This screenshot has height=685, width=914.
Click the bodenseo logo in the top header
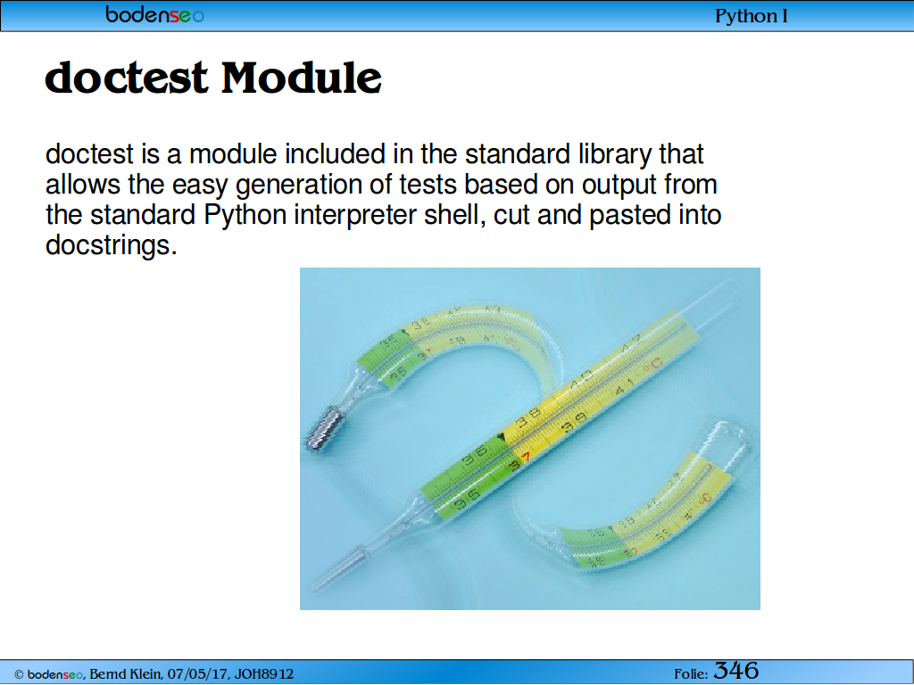[x=154, y=14]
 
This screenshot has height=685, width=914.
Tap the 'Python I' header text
[x=751, y=16]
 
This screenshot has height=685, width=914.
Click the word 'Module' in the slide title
[x=302, y=78]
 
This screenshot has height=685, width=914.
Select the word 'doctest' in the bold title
[x=126, y=78]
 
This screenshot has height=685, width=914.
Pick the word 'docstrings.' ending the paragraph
[x=111, y=245]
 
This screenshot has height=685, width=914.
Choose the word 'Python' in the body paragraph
[x=245, y=216]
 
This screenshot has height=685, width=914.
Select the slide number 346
[x=736, y=671]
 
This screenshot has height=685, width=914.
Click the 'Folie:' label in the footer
[x=691, y=674]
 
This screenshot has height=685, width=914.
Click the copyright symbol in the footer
[x=19, y=674]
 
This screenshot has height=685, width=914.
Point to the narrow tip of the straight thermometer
[x=317, y=583]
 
